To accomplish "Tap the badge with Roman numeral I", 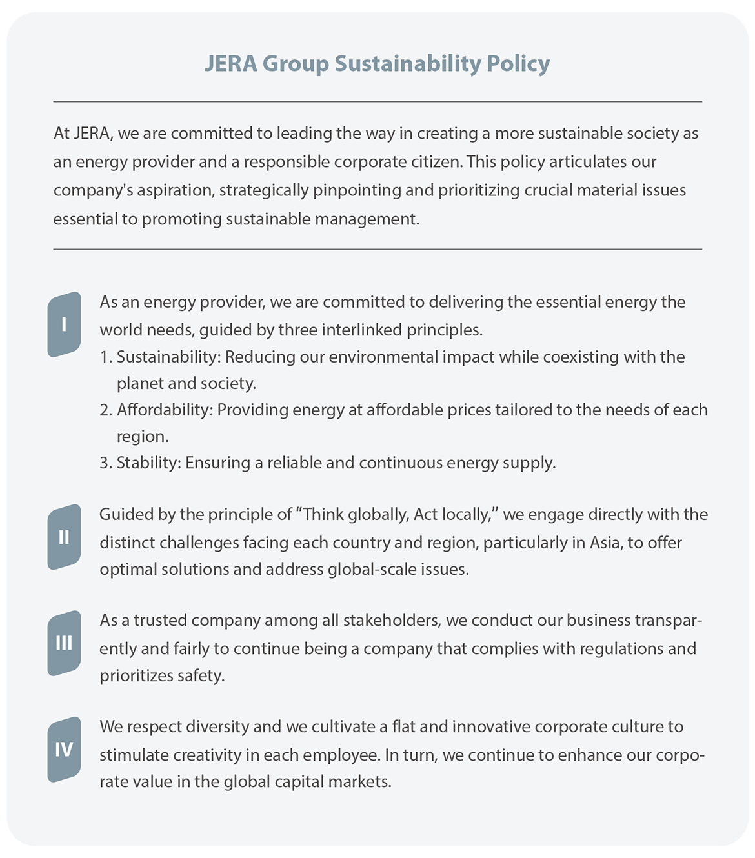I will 64,324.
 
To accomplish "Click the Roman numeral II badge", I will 64,537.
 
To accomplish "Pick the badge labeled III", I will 64,643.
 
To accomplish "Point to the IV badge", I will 64,750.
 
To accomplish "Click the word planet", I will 140,383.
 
